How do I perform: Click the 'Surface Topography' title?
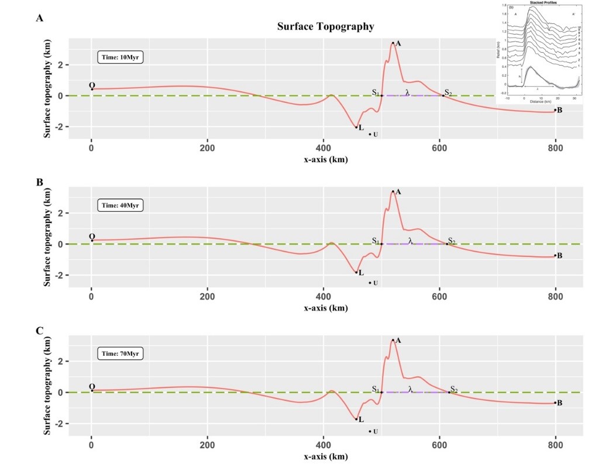click(325, 26)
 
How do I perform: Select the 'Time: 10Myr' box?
click(121, 57)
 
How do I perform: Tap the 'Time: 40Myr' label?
click(121, 205)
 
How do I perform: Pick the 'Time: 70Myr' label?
click(121, 354)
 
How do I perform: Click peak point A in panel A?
click(393, 43)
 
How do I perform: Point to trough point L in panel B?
click(356, 272)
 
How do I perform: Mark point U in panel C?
click(370, 431)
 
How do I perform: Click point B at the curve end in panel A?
click(555, 109)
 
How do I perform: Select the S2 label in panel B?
click(451, 241)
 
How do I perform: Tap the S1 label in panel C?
click(376, 389)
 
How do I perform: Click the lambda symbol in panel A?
click(407, 92)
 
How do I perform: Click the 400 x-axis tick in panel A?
click(323, 147)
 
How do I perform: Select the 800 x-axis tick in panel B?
click(555, 296)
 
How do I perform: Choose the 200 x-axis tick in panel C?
click(207, 445)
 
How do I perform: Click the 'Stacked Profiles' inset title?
click(541, 3)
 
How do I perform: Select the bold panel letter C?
click(40, 331)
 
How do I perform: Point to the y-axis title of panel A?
click(47, 89)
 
